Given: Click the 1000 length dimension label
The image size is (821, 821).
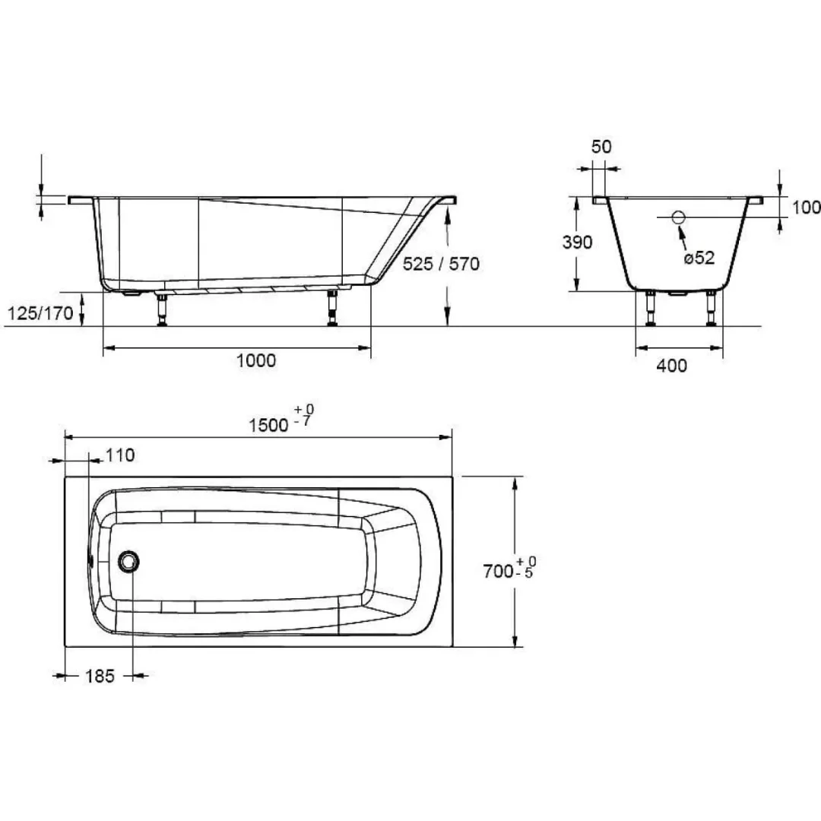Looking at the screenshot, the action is tap(256, 360).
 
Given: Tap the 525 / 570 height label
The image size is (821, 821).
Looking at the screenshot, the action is tap(441, 263).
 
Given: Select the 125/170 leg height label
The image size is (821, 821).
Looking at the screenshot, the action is tap(40, 313).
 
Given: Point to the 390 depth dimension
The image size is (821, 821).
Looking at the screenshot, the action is tap(577, 242).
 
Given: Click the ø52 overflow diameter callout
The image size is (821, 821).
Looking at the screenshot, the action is tap(699, 258).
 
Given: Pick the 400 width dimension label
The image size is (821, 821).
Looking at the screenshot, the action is tap(672, 366).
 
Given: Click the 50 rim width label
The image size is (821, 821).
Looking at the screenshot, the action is tap(601, 147).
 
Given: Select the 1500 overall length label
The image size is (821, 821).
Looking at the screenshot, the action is tap(268, 425).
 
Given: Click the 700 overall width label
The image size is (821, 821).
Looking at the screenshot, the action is tap(498, 571).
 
